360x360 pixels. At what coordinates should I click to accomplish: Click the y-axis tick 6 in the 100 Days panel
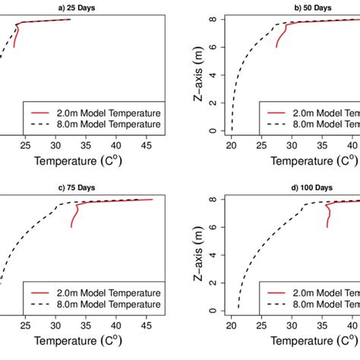tap(216, 227)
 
